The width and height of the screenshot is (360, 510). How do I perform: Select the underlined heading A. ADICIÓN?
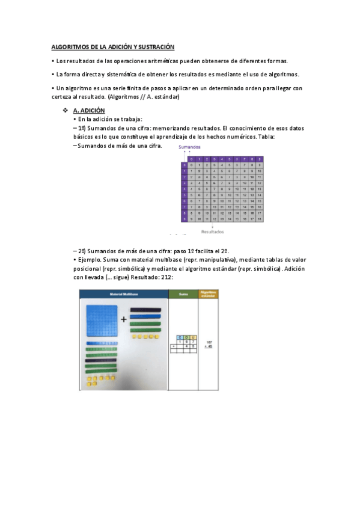pyautogui.click(x=89, y=111)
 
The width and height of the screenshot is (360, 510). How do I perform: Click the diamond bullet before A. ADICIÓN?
pyautogui.click(x=66, y=111)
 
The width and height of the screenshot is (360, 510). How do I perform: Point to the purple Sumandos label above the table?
pyautogui.click(x=189, y=147)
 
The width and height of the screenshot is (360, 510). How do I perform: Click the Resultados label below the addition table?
pyautogui.click(x=212, y=231)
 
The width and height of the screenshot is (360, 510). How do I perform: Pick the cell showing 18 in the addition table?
pyautogui.click(x=259, y=220)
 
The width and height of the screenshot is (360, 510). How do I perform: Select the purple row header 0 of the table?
pyautogui.click(x=184, y=165)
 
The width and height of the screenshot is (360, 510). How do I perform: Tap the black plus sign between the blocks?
pyautogui.click(x=124, y=320)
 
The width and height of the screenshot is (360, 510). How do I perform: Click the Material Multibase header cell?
pyautogui.click(x=124, y=294)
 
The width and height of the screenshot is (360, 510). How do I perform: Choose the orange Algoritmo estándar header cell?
pyautogui.click(x=208, y=294)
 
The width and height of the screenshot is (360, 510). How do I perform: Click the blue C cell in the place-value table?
pyautogui.click(x=180, y=337)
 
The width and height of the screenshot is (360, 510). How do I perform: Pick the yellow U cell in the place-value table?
pyautogui.click(x=193, y=337)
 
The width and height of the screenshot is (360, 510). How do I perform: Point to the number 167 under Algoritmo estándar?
pyautogui.click(x=209, y=340)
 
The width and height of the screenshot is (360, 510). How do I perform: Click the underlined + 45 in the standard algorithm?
pyautogui.click(x=208, y=346)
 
